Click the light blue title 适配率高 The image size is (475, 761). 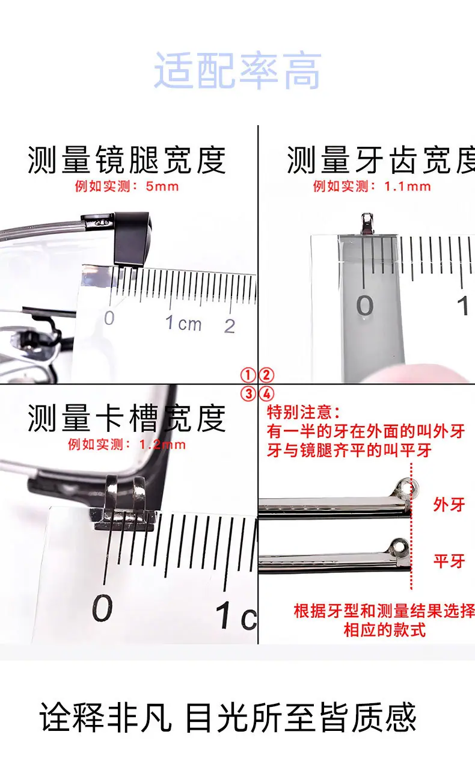237,70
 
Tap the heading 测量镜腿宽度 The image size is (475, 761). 127,159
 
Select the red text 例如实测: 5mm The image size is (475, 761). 127,186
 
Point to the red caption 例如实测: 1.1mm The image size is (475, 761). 372,186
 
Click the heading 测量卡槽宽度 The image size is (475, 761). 127,418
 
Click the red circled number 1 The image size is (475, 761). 248,375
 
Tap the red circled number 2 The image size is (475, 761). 266,375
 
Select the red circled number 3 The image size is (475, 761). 248,394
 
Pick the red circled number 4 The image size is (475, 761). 266,394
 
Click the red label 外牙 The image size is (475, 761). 449,505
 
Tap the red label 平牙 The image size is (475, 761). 449,561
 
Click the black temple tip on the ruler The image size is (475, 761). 132,238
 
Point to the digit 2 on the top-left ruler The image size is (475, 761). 230,326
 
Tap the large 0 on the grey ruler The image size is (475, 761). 365,306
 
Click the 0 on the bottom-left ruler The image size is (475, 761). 102,608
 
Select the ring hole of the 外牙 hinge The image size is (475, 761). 406,486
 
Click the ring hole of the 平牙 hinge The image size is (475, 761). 400,546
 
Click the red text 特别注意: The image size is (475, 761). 303,413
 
